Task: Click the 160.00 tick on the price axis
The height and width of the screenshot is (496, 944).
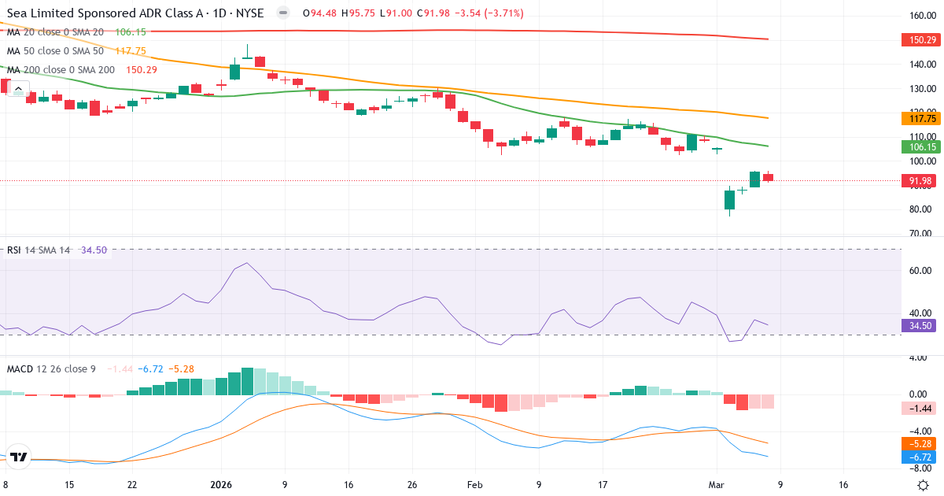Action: pos(920,16)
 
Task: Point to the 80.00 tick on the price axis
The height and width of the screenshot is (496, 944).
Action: pos(920,209)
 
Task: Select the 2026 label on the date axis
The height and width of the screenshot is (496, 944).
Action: pos(221,485)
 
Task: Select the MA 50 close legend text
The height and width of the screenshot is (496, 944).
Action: pos(55,50)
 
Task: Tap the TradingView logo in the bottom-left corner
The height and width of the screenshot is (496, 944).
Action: pos(19,457)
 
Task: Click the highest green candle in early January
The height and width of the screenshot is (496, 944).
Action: pos(234,72)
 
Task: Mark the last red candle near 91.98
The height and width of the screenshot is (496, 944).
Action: pos(768,177)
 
